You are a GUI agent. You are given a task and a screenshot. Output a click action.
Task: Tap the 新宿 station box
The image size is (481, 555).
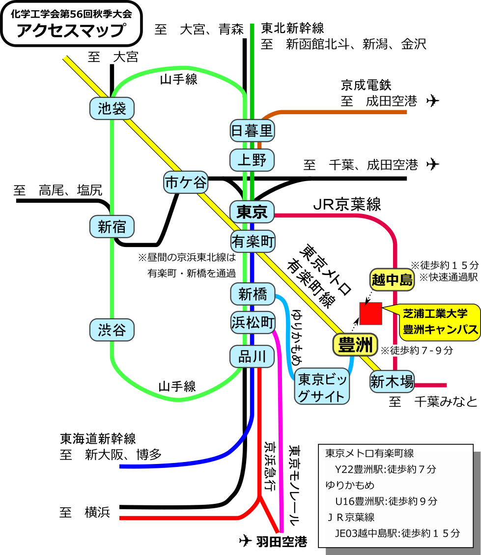click(x=112, y=226)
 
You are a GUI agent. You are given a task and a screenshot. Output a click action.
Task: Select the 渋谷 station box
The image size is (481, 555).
click(x=112, y=330)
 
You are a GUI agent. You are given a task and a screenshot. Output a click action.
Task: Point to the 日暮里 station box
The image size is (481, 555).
click(x=252, y=130)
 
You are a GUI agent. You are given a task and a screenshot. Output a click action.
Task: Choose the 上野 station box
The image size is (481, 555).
click(x=252, y=160)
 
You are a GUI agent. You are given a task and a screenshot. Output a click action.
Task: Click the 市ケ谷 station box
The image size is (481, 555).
click(x=186, y=183)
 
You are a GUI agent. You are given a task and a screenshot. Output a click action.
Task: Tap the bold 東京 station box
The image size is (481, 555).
click(x=252, y=212)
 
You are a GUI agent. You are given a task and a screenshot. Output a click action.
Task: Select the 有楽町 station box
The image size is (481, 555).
click(x=253, y=242)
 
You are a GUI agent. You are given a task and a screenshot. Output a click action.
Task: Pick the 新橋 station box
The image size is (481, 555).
click(x=253, y=294)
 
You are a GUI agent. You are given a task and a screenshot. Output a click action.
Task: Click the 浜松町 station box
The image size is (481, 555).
click(x=253, y=323)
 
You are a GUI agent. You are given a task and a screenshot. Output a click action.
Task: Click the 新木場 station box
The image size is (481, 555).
click(x=392, y=381)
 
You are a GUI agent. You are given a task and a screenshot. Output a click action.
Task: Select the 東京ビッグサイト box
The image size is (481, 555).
click(x=323, y=387)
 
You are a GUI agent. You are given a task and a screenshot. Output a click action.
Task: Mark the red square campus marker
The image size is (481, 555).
click(x=370, y=313)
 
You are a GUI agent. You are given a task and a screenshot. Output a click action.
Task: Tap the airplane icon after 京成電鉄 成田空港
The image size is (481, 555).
click(x=432, y=101)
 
